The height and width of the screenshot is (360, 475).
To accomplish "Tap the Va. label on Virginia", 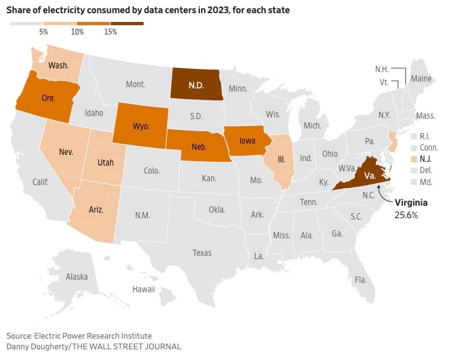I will point(370,176).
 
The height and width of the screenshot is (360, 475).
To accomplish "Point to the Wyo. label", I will point(141,126).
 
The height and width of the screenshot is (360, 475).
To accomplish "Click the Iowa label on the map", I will point(246,141).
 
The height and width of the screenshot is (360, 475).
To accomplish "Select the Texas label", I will point(202,253).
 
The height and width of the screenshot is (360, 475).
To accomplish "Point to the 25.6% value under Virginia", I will point(405,214).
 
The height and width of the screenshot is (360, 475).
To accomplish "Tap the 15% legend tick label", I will point(110,32).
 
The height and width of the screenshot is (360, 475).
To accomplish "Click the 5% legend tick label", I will point(44,32).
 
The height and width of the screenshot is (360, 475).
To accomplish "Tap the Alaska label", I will point(77,277).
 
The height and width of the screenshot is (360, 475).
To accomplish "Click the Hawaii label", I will point(144,289).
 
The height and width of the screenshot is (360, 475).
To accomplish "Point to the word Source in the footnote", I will point(20,336).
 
